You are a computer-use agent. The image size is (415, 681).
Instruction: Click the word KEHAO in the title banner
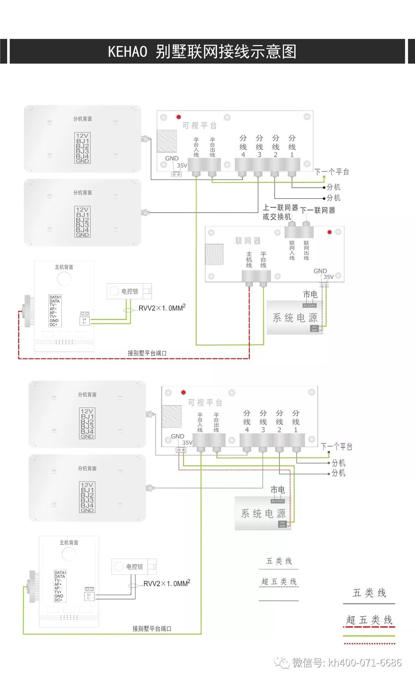(x=128, y=52)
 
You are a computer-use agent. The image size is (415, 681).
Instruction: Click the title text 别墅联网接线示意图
(x=226, y=52)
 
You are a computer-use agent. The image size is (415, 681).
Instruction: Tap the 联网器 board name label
(x=248, y=241)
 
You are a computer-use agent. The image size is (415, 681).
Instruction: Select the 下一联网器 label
(x=318, y=210)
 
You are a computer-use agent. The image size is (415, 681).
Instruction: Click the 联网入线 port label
(x=292, y=250)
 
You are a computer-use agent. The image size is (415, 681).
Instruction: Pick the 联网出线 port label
(x=306, y=250)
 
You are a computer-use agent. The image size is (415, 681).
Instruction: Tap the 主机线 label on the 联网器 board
(x=249, y=259)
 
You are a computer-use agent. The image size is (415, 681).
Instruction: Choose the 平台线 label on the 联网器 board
(x=263, y=259)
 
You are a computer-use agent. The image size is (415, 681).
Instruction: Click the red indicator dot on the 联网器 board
(x=330, y=232)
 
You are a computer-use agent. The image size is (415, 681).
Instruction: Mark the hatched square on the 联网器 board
(x=214, y=254)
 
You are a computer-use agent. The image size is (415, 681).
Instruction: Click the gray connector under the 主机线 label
(x=249, y=277)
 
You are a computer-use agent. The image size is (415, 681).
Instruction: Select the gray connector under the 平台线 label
(x=263, y=277)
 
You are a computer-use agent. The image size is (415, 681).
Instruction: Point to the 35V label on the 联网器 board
(x=329, y=277)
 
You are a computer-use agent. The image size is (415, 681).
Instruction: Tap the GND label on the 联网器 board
(x=320, y=271)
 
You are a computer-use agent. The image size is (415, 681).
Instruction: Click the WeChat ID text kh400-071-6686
(x=365, y=662)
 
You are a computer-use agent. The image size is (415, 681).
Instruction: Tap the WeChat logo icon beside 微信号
(x=282, y=662)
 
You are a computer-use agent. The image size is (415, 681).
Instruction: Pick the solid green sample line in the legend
(x=369, y=636)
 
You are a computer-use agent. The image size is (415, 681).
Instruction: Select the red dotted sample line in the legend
(x=369, y=643)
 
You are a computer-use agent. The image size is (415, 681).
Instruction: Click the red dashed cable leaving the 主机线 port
(x=249, y=325)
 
